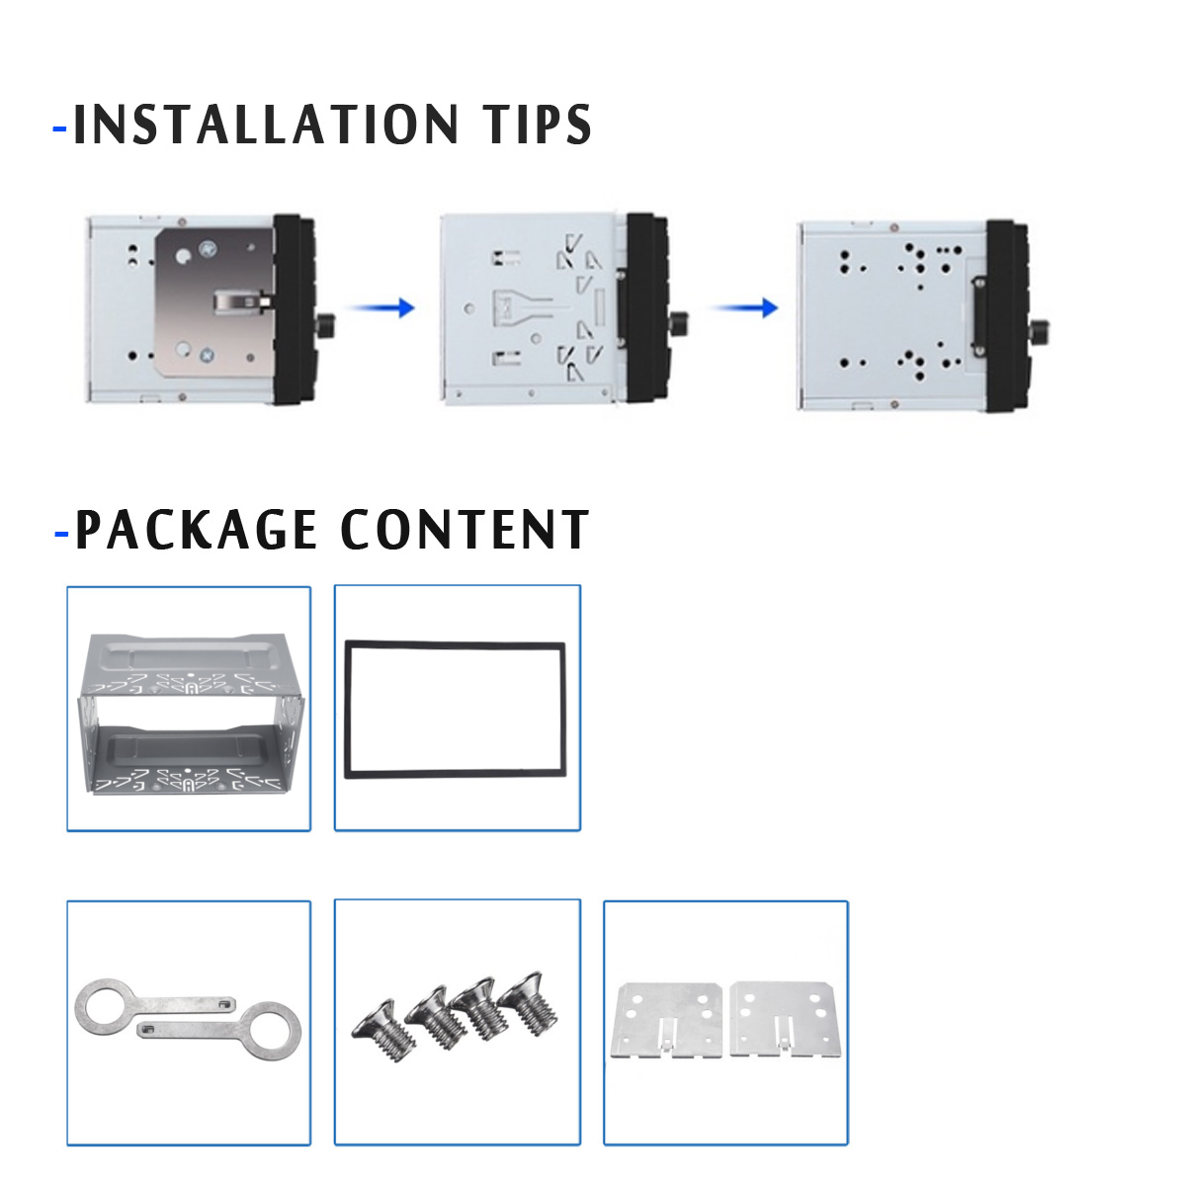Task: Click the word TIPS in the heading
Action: tap(538, 126)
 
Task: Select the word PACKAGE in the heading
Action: tap(196, 530)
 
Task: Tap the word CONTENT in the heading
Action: tap(465, 530)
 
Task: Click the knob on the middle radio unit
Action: tap(679, 323)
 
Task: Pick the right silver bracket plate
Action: tap(783, 1018)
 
